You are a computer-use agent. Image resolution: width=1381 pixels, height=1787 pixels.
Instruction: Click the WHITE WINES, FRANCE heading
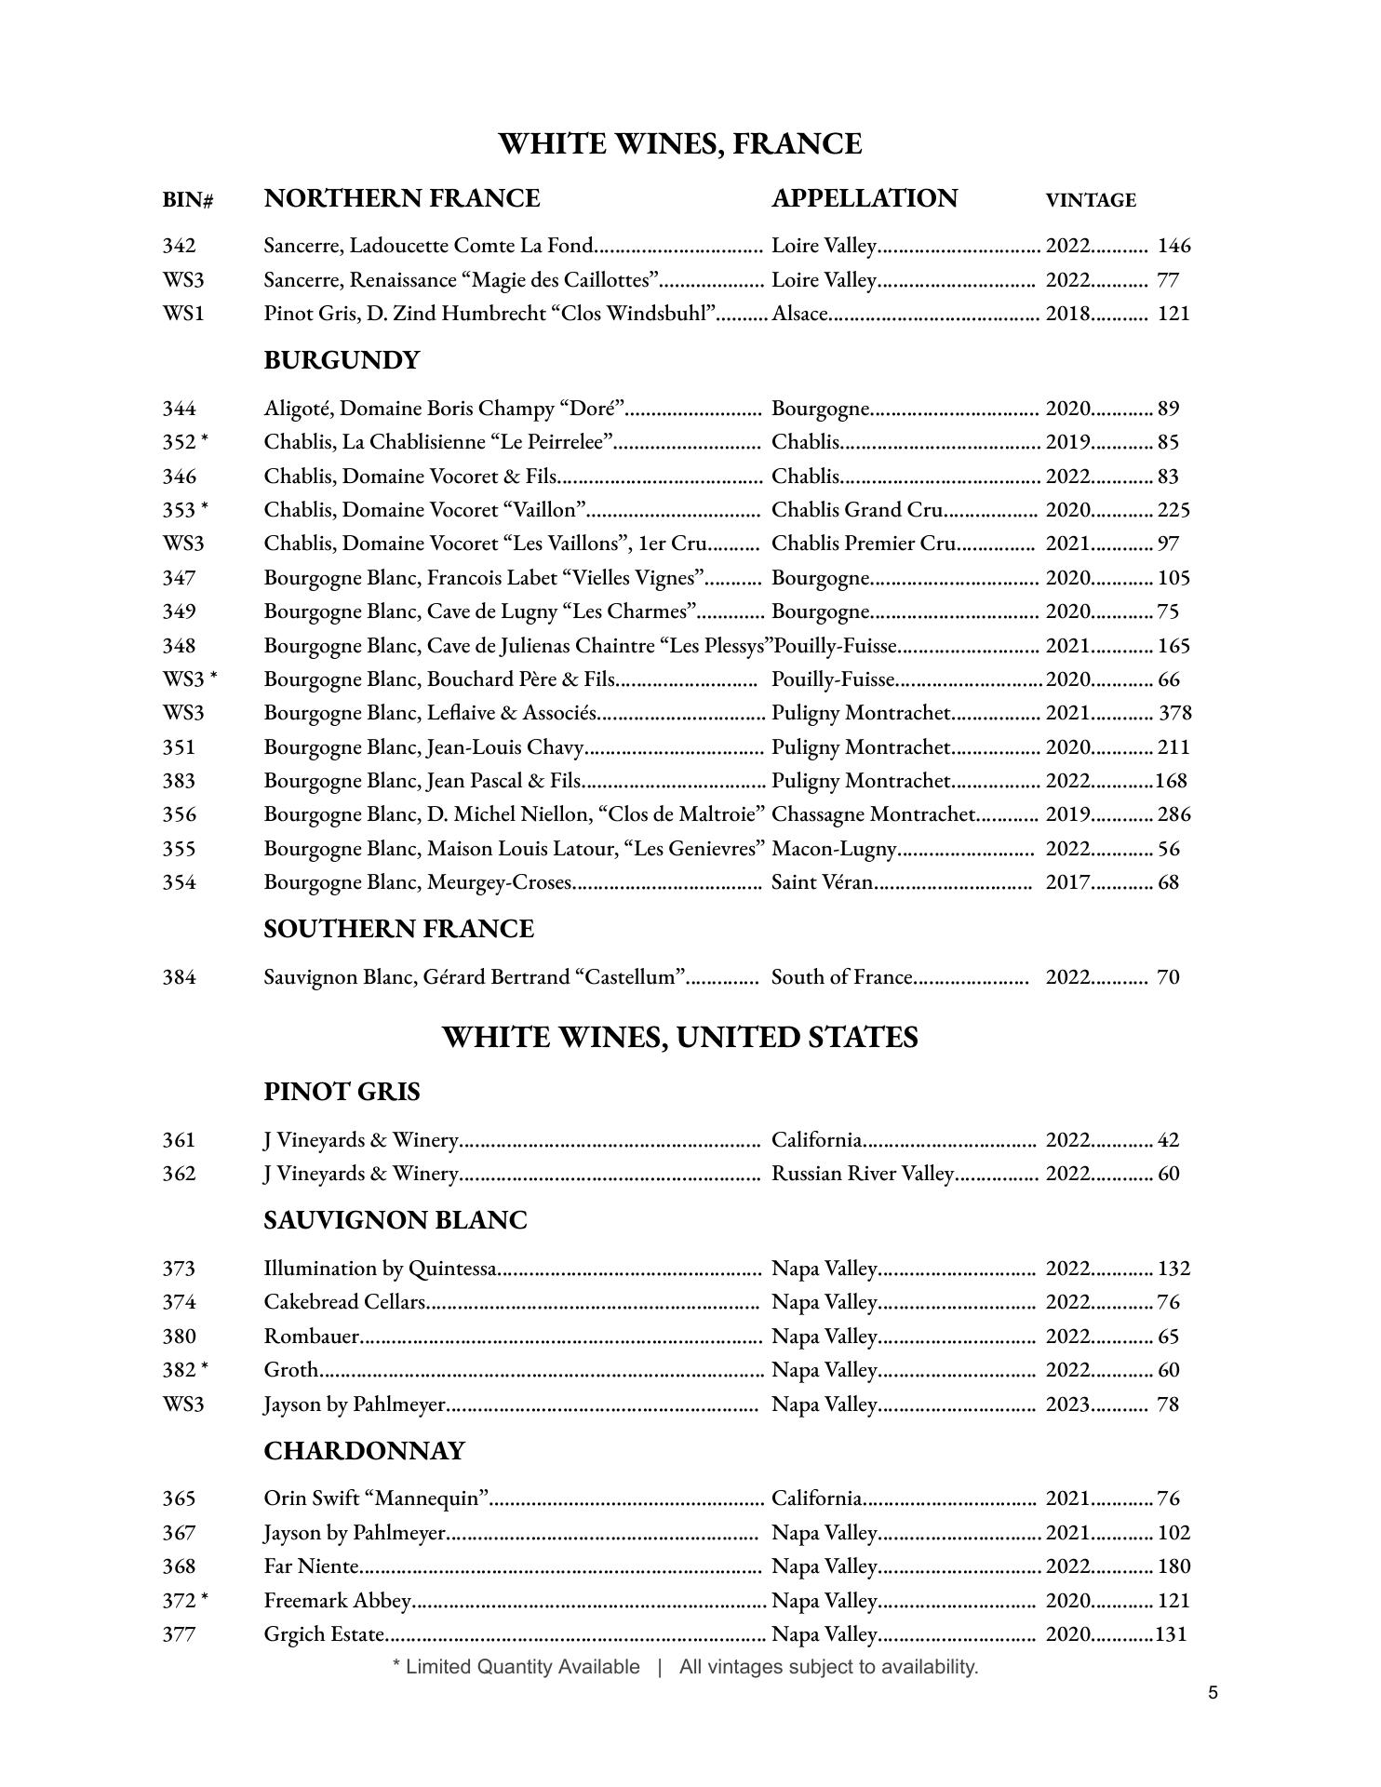(x=679, y=144)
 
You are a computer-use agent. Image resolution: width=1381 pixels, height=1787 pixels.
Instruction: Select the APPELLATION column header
(x=864, y=198)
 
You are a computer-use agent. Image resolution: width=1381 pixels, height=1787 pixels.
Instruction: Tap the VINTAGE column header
(x=1090, y=200)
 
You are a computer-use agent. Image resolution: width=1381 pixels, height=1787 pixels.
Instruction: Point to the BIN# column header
(x=187, y=200)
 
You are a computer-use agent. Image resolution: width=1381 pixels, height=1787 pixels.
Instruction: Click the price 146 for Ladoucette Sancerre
(x=1173, y=246)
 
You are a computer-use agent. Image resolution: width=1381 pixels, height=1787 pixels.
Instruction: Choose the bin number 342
(x=179, y=246)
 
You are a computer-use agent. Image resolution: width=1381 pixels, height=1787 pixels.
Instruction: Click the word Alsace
(x=799, y=314)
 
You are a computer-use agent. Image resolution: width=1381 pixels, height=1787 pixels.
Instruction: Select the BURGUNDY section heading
(x=342, y=360)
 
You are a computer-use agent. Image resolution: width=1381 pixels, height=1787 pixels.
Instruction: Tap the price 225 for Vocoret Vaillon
(x=1173, y=510)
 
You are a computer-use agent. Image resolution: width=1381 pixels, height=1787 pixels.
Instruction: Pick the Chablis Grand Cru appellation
(x=857, y=510)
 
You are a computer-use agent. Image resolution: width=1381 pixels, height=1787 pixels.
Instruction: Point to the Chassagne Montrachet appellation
(x=873, y=814)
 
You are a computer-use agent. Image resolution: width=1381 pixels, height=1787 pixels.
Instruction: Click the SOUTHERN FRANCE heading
(x=398, y=929)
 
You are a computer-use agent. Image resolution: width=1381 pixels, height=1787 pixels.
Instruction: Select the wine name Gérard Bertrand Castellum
(x=475, y=977)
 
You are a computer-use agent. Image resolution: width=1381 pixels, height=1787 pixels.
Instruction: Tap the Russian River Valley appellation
(x=863, y=1174)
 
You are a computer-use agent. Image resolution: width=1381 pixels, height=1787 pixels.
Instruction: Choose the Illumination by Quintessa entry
(x=381, y=1269)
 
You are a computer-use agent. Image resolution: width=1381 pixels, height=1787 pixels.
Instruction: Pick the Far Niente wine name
(x=311, y=1566)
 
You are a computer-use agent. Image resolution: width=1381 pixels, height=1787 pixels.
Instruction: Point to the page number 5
(x=1213, y=1692)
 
